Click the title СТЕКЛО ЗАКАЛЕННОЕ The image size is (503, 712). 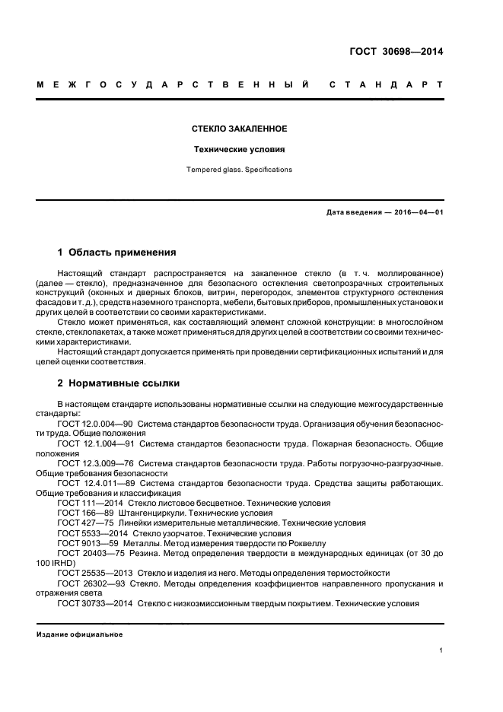point(240,129)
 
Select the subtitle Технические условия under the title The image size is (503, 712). point(240,150)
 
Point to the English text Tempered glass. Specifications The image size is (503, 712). point(240,170)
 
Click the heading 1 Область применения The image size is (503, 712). point(117,253)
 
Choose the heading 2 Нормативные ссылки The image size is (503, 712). point(119,383)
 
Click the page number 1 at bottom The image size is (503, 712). point(441,650)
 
